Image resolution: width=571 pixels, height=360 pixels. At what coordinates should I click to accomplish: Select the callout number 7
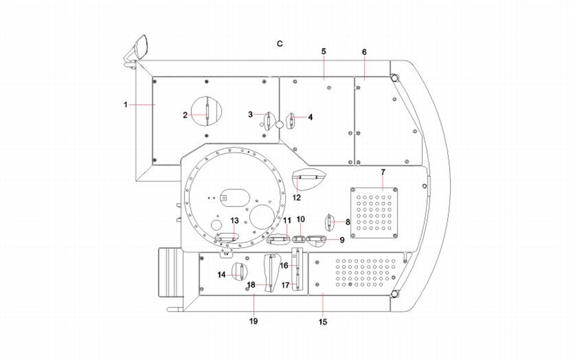[383, 173]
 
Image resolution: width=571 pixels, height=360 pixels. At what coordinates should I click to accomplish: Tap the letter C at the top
[279, 43]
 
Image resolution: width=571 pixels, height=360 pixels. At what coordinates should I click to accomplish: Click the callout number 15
[323, 322]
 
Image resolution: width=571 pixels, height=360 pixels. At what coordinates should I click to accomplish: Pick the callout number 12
[297, 197]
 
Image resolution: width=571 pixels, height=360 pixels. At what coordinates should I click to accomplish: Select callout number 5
[323, 51]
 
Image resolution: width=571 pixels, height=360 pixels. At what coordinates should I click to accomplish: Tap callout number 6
[364, 52]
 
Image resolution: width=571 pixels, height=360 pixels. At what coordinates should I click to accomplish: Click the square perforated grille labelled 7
[374, 213]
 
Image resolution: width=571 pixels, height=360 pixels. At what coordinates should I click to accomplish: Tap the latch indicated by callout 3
[267, 120]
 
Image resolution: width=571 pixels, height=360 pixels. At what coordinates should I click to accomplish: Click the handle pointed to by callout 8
[330, 223]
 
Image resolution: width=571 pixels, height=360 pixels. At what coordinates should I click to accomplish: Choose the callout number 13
[234, 220]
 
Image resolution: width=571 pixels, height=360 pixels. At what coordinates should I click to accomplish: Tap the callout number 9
[342, 240]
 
